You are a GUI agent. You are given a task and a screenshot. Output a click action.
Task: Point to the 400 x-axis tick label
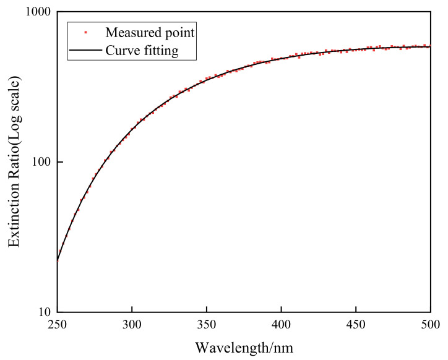281,324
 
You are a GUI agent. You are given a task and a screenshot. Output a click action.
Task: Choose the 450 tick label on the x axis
356,324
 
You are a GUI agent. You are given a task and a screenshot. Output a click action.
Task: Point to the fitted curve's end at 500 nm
430,46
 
